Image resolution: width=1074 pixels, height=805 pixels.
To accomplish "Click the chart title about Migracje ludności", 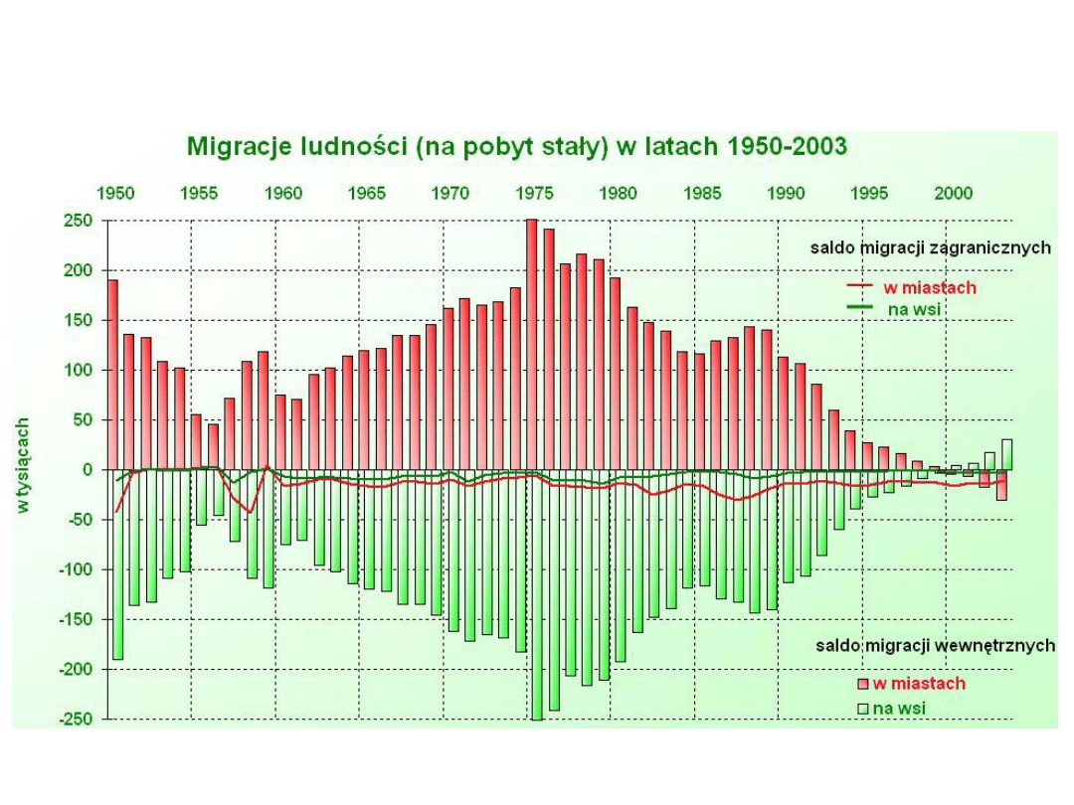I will [x=516, y=147].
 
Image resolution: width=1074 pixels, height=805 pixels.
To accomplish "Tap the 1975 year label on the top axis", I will [x=536, y=193].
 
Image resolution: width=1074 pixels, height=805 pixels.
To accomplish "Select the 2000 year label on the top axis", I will [x=955, y=193].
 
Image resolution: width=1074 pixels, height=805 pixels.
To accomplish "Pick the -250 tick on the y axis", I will [x=76, y=719].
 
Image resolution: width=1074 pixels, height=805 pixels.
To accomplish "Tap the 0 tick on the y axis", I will [x=88, y=469].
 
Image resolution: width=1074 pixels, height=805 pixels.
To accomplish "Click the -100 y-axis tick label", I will [x=76, y=569].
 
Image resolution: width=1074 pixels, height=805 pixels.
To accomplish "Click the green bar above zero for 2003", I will [x=1007, y=454].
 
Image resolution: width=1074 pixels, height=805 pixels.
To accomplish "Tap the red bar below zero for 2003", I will [x=1001, y=485].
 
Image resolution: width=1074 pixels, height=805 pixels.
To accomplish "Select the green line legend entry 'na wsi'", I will [x=913, y=309].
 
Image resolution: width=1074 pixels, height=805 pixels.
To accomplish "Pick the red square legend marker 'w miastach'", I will [x=863, y=684].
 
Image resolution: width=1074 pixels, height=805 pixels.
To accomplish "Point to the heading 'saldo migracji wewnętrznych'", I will [x=935, y=646].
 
